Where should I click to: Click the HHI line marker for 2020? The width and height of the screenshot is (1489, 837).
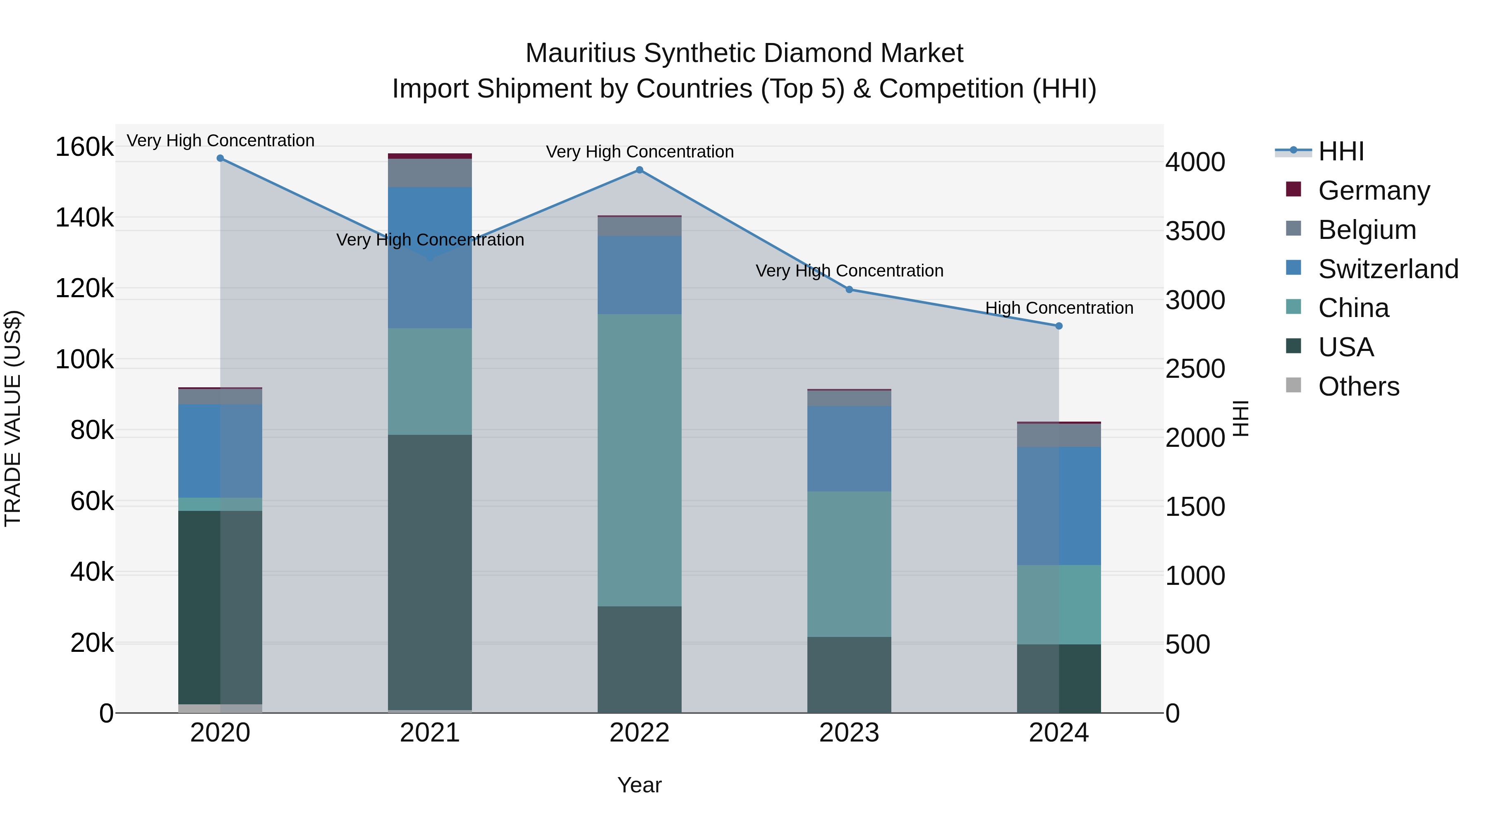click(220, 158)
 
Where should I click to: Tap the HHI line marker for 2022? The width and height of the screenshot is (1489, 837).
click(639, 170)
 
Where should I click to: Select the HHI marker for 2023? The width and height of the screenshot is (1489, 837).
click(849, 289)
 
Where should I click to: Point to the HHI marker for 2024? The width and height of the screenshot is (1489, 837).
click(1059, 326)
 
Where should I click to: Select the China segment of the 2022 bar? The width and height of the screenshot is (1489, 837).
click(639, 460)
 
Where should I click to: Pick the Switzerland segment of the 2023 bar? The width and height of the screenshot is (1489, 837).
click(849, 449)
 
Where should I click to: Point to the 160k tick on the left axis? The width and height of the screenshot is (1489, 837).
click(84, 147)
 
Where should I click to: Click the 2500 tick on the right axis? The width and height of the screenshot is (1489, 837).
click(1195, 369)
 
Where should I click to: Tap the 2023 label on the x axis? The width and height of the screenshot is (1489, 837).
click(849, 733)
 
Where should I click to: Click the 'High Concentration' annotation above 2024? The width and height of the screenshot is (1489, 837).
click(1059, 308)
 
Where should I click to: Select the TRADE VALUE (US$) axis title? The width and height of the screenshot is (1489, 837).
click(13, 418)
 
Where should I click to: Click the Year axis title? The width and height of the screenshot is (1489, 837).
click(639, 785)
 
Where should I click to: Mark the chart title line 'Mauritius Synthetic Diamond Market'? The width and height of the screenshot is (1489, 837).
click(744, 53)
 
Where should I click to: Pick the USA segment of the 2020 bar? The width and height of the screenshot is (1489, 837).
click(220, 606)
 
